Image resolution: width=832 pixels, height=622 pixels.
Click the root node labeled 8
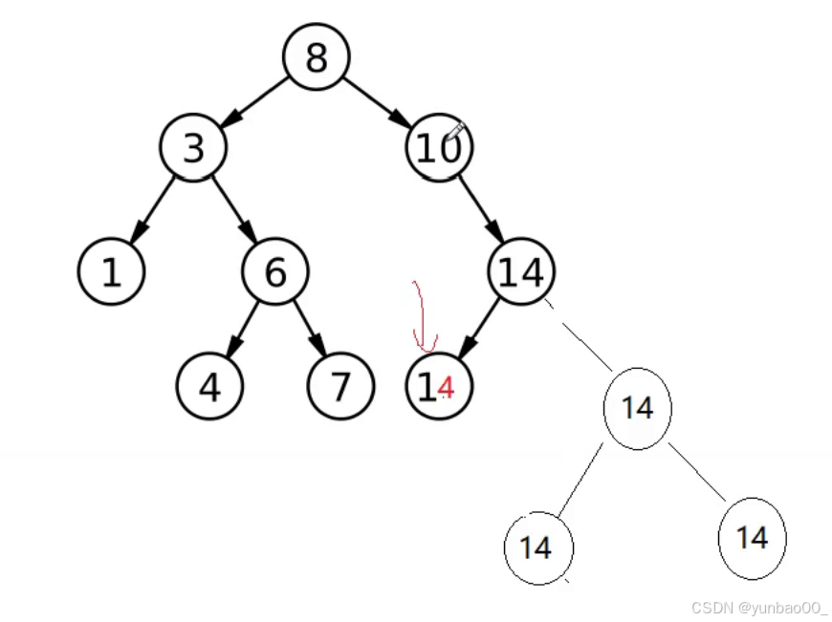click(316, 57)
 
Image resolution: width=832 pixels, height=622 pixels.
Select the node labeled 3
click(193, 148)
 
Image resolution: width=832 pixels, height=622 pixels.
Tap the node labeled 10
click(438, 148)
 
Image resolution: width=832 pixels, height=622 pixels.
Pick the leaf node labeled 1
click(111, 272)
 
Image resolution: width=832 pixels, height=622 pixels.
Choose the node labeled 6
click(274, 272)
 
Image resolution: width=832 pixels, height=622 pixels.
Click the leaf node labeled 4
click(209, 386)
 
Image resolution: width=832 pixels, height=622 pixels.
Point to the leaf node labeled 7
click(339, 386)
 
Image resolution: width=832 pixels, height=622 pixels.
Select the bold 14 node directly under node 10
click(521, 272)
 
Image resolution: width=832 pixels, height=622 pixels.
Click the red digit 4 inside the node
click(446, 387)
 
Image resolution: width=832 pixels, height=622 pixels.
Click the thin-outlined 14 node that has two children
click(637, 408)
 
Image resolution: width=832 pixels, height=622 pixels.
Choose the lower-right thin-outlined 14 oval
click(752, 538)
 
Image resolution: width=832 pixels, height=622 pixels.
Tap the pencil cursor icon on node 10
click(454, 131)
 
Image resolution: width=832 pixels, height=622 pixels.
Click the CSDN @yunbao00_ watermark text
click(758, 608)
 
